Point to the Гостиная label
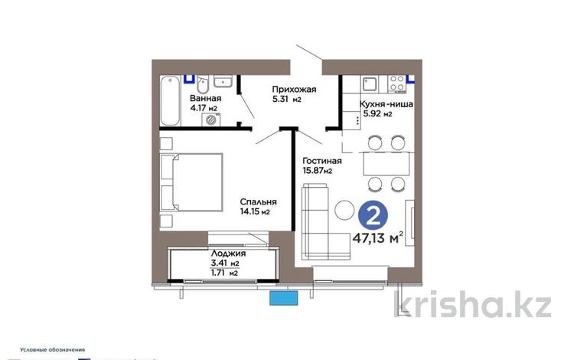[322, 161]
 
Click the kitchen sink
[367, 80]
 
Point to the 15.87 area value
[317, 172]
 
